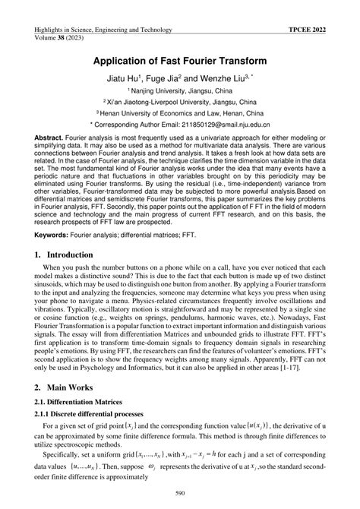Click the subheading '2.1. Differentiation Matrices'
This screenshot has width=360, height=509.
pos(81,421)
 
